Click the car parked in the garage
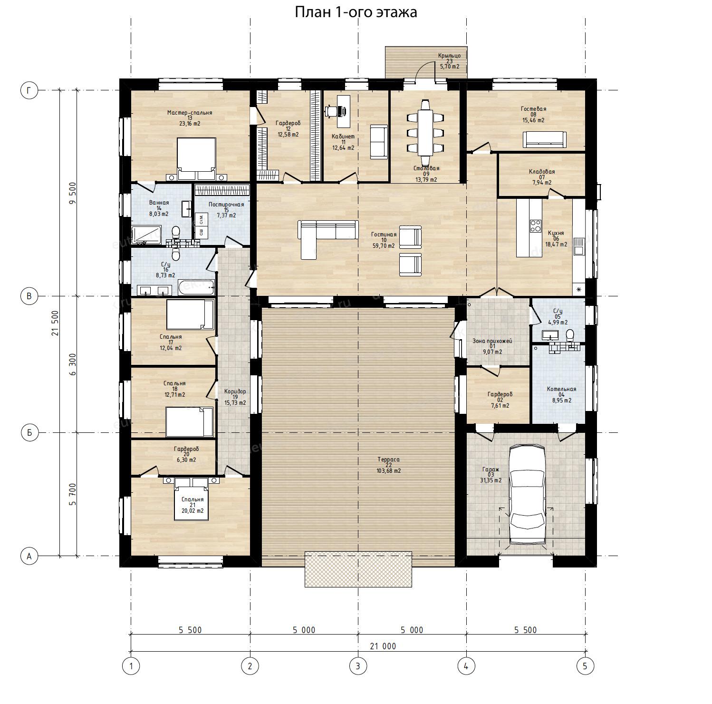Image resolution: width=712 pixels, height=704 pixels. click(x=527, y=494)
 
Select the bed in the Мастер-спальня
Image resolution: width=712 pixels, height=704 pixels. click(x=196, y=159)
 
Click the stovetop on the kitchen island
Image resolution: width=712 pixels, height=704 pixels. click(x=535, y=225)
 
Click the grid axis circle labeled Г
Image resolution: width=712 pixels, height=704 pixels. click(x=29, y=90)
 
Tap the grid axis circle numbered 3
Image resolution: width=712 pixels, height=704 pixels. click(x=358, y=666)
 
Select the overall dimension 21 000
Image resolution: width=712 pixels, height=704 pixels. click(x=383, y=646)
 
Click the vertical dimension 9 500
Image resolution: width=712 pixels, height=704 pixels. click(x=72, y=193)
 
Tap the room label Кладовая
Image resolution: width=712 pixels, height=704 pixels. click(x=542, y=172)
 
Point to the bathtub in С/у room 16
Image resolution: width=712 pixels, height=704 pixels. click(x=196, y=287)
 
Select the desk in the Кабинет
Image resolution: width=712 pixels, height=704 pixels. click(x=344, y=111)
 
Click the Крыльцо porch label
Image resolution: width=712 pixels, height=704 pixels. click(x=449, y=56)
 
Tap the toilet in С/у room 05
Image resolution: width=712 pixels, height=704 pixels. click(x=569, y=335)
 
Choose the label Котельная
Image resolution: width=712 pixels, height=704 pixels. click(x=561, y=389)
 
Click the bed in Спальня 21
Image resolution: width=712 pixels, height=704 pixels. click(x=192, y=499)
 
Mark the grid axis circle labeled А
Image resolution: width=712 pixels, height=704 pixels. click(x=29, y=556)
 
